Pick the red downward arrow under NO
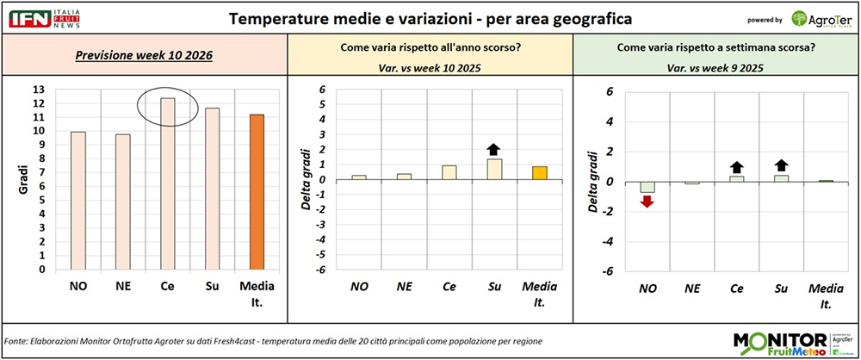(647, 201)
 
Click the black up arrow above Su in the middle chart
(493, 148)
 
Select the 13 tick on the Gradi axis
(37, 90)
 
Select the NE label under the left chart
(123, 287)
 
